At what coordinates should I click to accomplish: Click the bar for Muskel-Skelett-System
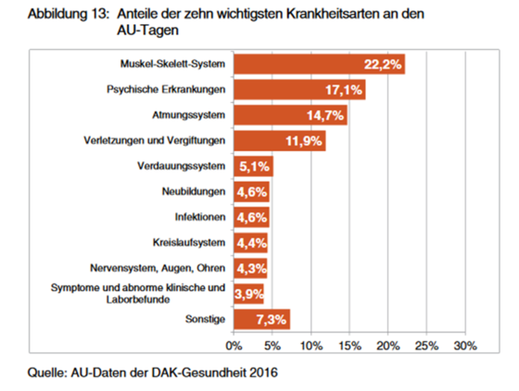[x=319, y=64]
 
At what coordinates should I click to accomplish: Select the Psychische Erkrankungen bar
[x=299, y=90]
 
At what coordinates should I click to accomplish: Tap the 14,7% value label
[x=325, y=116]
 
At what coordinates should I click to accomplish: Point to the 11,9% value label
[x=304, y=141]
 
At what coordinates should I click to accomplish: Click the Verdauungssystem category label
[x=182, y=166]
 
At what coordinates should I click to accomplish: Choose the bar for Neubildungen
[x=251, y=192]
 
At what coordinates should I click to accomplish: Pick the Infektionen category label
[x=200, y=217]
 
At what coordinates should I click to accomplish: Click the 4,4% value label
[x=251, y=243]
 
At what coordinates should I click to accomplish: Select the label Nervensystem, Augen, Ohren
[x=158, y=268]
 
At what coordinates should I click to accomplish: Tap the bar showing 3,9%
[x=248, y=294]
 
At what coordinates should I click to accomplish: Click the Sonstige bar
[x=261, y=320]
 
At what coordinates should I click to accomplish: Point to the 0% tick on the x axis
[x=234, y=346]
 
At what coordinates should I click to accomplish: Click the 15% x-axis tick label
[x=349, y=346]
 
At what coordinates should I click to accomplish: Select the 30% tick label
[x=465, y=346]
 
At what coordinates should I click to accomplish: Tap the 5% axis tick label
[x=272, y=346]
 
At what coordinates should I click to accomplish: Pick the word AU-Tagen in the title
[x=148, y=31]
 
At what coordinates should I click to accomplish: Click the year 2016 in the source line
[x=263, y=372]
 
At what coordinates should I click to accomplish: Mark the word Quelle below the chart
[x=47, y=372]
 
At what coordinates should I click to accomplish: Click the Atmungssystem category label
[x=189, y=115]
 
